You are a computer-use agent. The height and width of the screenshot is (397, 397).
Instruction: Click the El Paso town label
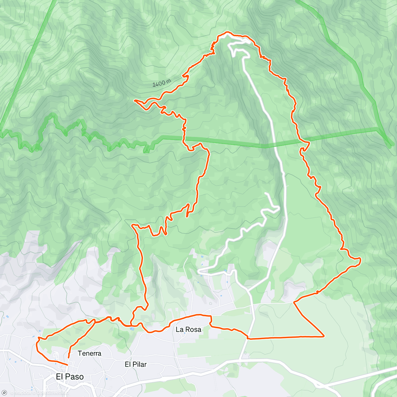[69, 376]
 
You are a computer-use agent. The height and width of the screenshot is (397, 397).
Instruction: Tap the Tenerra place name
[89, 353]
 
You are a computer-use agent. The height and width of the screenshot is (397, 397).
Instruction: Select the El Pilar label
[136, 364]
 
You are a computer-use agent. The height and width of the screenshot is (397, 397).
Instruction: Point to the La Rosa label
[188, 329]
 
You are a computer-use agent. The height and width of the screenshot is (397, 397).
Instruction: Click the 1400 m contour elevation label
[162, 83]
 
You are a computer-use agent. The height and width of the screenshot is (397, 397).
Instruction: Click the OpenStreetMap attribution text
[53, 393]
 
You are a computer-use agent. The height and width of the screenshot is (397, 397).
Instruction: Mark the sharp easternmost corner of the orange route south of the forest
[324, 336]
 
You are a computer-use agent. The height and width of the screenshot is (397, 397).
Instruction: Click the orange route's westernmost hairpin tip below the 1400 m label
[135, 100]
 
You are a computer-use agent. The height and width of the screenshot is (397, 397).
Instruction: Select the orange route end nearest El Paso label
[68, 364]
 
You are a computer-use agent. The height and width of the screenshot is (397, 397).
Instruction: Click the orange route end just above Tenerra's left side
[68, 357]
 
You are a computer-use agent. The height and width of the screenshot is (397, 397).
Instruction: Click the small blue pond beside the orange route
[132, 329]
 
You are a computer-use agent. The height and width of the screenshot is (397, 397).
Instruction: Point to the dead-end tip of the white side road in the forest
[266, 193]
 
